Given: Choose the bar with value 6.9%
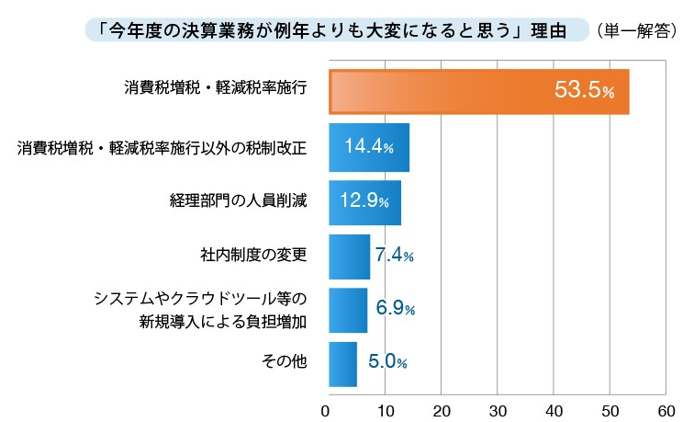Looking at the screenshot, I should coord(347,310).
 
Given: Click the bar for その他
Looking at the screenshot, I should coord(342,363).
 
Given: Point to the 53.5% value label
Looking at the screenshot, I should coord(584,91).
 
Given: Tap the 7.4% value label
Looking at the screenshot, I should coord(395,256).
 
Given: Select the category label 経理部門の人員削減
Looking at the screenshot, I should coord(237,200).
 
